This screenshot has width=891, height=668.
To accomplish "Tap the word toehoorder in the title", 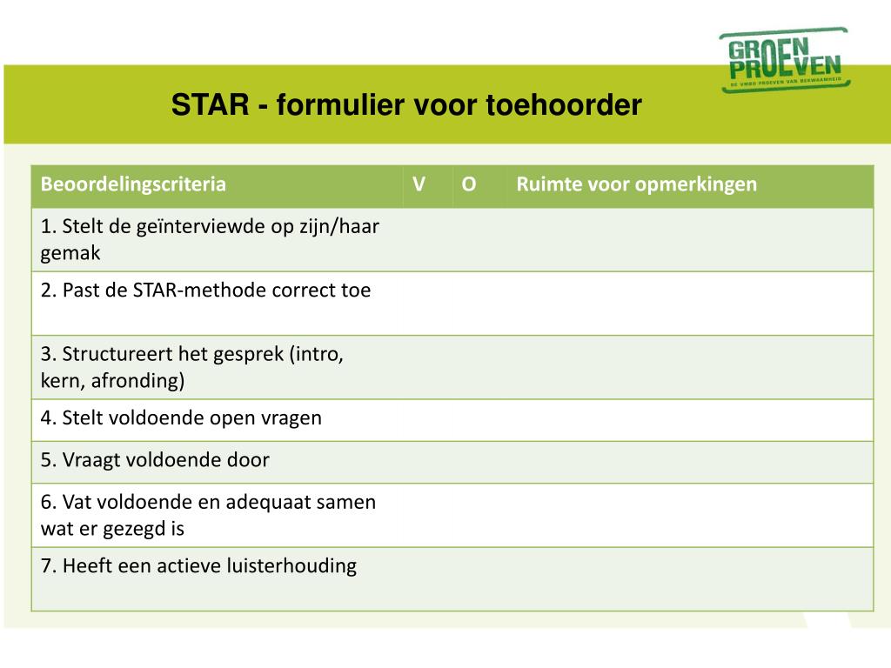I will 564,105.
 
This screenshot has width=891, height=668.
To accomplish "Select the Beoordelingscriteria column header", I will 133,184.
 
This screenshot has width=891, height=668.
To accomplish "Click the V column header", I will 419,184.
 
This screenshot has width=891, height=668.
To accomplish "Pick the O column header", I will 469,184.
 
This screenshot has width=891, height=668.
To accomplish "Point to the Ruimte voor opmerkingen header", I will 636,184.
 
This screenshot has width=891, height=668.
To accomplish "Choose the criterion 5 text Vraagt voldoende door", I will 155,460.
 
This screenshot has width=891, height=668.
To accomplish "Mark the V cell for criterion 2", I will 427,303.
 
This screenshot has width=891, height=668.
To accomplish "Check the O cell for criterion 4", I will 479,419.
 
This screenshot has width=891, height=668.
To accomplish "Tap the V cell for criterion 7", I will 427,578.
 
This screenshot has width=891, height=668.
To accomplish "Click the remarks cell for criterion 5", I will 690,461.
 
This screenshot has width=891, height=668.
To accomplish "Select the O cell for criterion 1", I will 479,239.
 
